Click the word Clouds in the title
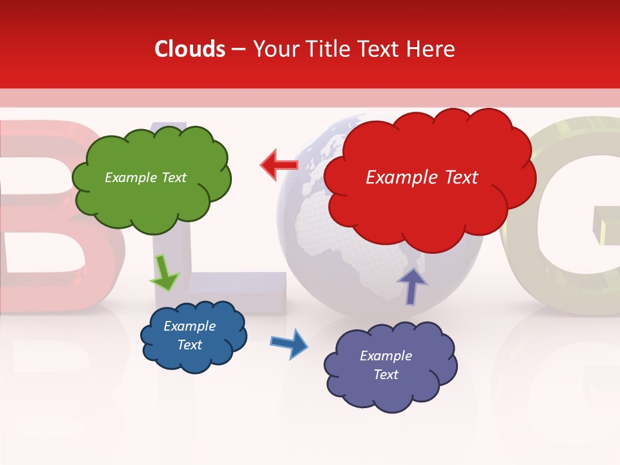(x=190, y=49)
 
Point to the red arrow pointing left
(x=279, y=165)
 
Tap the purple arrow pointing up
(x=411, y=285)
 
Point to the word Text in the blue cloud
(x=189, y=345)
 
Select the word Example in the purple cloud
(x=386, y=356)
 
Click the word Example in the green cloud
(x=130, y=178)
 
